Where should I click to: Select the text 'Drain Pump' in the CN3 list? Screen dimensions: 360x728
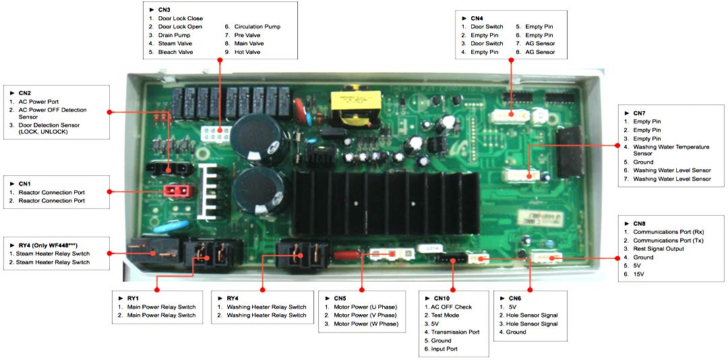coord(174,35)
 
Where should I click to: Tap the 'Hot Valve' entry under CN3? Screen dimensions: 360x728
coord(248,52)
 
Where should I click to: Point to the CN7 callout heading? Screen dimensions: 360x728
coord(639,113)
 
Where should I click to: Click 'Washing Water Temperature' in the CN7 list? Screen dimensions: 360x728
coord(671,146)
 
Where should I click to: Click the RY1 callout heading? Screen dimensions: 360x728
coord(133,298)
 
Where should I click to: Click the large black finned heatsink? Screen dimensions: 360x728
coord(385,202)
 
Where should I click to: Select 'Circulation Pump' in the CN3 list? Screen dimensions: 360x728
coord(257,27)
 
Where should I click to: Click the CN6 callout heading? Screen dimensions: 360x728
coord(514,298)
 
